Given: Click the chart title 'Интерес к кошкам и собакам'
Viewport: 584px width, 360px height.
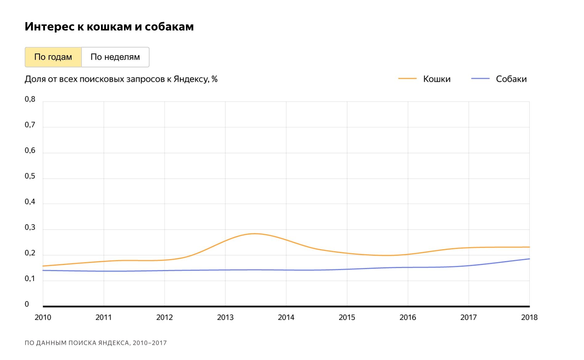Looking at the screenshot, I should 109,27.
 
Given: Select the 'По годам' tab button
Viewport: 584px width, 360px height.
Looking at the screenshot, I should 53,57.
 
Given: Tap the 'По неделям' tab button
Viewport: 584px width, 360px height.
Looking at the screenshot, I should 115,57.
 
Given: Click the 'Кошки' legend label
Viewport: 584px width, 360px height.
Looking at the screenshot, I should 437,79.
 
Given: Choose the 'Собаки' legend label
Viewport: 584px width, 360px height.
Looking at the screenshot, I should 511,79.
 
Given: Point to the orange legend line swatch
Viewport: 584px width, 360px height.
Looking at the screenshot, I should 407,79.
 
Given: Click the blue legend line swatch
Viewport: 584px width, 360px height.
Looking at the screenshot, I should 480,79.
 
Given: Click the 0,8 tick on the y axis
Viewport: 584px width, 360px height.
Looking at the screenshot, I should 30,99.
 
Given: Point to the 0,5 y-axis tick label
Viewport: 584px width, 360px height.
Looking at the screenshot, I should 30,176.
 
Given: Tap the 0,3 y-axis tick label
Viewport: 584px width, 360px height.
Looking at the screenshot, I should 30,227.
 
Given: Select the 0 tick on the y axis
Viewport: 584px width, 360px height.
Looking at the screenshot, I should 27,304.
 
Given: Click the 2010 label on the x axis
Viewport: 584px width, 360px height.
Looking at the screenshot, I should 43,317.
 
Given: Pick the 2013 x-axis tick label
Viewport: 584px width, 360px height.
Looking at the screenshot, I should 225,317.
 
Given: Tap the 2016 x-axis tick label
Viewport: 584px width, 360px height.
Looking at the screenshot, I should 408,317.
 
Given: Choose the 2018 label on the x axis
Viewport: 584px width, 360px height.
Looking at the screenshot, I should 529,317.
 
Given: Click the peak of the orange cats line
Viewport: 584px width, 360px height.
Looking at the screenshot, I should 255,234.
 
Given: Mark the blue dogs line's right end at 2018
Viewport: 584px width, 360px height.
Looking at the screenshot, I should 529,259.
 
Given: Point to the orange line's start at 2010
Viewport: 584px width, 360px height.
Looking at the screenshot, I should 43,266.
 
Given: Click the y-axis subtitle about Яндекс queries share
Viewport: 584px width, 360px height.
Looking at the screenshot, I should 121,79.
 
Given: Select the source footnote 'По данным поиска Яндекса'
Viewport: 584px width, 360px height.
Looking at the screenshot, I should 95,343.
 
